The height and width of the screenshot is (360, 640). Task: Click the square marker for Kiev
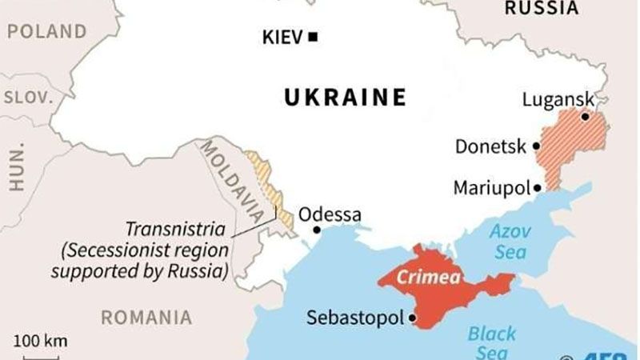(x=313, y=36)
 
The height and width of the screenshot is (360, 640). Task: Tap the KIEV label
(x=283, y=37)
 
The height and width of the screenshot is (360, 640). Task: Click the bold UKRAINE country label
(x=346, y=98)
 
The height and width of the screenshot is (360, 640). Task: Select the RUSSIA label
(x=541, y=9)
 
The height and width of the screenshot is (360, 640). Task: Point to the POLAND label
(x=46, y=32)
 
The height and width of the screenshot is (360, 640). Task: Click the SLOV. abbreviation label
(x=28, y=97)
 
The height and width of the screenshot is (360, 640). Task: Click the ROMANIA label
(x=146, y=317)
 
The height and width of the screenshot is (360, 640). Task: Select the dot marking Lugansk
(x=586, y=117)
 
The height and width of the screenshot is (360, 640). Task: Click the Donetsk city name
(x=490, y=147)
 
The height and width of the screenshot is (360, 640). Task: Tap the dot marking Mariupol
(x=538, y=188)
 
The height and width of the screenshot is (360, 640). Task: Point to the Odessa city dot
(x=317, y=230)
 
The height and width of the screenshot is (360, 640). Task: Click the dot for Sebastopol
(x=413, y=318)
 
